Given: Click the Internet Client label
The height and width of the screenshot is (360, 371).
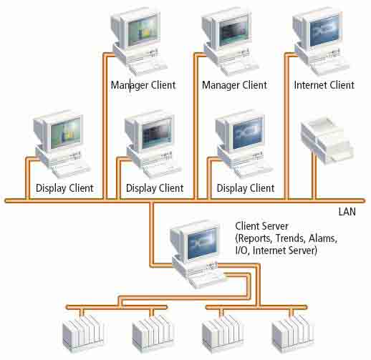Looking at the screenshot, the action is coord(324,85).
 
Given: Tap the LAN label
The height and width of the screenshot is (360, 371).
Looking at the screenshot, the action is coord(347,212).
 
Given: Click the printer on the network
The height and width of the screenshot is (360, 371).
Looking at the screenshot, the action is coord(327,140).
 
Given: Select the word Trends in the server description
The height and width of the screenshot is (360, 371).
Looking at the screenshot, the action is coord(290,238).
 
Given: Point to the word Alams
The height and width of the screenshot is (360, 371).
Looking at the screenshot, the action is coord(322,238).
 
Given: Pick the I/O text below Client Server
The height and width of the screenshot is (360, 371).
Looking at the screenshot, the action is coord(242,250).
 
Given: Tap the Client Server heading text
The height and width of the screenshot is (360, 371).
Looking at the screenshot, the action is coord(261,226).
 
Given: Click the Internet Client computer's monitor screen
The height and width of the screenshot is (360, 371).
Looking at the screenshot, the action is coord(324,31).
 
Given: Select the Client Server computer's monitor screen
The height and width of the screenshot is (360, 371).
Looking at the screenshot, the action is coord(203,243).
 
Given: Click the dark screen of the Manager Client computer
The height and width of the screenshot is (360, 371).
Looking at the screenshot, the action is coord(234,31).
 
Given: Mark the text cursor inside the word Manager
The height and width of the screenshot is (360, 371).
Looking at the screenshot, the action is coord(130,85).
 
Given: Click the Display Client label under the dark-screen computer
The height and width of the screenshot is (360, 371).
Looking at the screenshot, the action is coord(155,188).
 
